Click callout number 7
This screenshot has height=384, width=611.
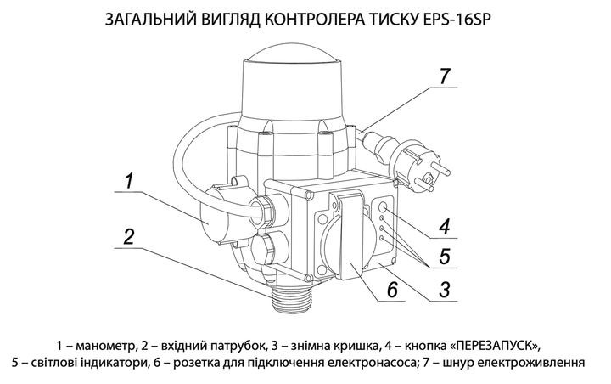(445, 76)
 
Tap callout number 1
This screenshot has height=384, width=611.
(129, 182)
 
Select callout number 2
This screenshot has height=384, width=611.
(129, 237)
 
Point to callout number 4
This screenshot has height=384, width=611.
(445, 226)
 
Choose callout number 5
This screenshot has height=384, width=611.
(445, 257)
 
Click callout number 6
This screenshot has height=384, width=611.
(392, 290)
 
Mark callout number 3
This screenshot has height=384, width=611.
(445, 290)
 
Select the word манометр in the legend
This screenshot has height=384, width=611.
(105, 346)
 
